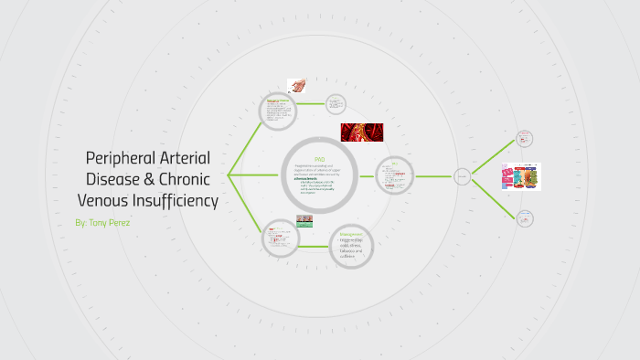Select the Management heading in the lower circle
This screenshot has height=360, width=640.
click(x=351, y=235)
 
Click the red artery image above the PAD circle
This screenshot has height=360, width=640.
click(x=362, y=132)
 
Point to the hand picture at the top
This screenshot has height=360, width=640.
click(x=296, y=85)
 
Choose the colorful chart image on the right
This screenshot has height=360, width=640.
click(x=521, y=176)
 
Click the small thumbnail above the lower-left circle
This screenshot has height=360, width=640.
click(x=304, y=220)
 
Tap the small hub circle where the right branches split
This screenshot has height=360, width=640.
click(x=463, y=176)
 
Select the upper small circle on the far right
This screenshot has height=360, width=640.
click(x=525, y=139)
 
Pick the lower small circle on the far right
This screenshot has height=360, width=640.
click(x=525, y=218)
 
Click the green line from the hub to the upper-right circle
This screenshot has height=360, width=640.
click(x=494, y=157)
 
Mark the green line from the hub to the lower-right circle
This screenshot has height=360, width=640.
click(x=494, y=197)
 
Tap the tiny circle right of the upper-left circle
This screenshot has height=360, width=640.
click(x=336, y=104)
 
